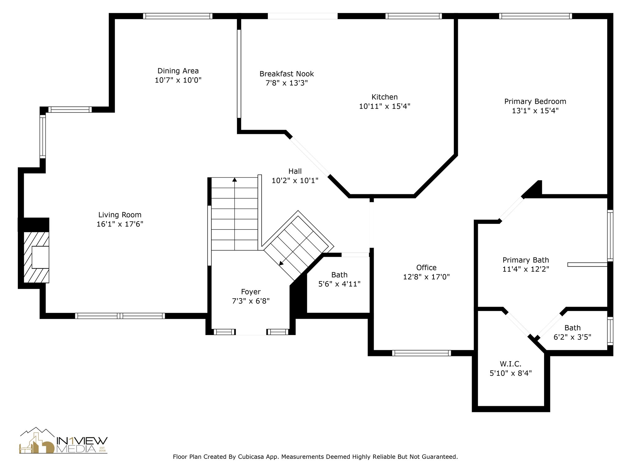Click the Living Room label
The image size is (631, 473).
click(120, 215)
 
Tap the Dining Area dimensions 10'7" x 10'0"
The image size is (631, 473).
click(178, 80)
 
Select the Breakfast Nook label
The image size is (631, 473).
click(287, 74)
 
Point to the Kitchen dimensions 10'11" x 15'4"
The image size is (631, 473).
click(385, 107)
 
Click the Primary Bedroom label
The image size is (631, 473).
click(535, 102)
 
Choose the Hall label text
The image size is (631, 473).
click(295, 171)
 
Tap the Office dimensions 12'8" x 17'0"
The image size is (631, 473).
click(426, 277)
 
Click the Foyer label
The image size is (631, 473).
click(250, 292)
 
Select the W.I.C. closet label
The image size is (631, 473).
click(510, 364)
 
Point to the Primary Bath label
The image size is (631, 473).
click(526, 260)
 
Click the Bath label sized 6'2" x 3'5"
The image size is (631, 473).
click(572, 328)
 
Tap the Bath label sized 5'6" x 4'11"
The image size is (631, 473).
click(339, 275)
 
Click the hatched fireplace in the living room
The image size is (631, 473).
click(37, 257)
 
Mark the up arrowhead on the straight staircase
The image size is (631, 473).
click(235, 180)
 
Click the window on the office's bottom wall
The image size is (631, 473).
click(421, 353)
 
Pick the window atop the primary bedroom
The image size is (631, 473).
click(535, 16)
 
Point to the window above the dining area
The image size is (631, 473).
click(177, 16)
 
